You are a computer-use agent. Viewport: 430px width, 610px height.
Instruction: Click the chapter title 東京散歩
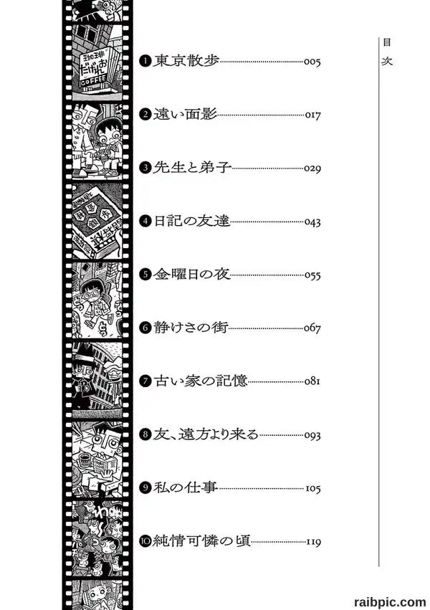tap(186, 61)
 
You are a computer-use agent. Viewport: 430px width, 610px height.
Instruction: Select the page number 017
tap(312, 115)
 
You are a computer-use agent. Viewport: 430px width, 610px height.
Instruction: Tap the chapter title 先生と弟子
tap(193, 168)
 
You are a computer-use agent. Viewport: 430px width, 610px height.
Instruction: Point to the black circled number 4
tap(145, 221)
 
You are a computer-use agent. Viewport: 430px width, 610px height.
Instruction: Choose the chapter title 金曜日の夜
tap(192, 275)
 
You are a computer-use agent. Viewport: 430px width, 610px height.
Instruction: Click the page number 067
tap(312, 328)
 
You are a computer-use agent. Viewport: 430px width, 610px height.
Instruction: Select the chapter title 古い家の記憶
tap(200, 381)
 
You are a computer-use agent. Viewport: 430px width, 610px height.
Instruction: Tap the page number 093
tap(312, 435)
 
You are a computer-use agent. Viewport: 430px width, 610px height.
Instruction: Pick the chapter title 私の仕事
tap(185, 487)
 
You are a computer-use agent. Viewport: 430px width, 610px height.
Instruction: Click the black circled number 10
tap(145, 540)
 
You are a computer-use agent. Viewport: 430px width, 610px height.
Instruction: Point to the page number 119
tap(313, 541)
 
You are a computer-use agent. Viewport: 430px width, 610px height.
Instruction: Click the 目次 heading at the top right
tap(387, 52)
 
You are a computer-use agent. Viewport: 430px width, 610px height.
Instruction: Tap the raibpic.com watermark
tap(390, 602)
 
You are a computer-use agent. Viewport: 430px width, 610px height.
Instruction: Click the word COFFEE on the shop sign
tap(93, 82)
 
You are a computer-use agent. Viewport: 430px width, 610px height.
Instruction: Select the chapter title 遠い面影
tap(185, 115)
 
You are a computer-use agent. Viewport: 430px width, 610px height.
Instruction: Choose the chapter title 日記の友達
tap(191, 221)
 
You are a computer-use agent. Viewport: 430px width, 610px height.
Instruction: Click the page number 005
tap(312, 62)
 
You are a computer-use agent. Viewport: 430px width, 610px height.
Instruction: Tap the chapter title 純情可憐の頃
tap(201, 540)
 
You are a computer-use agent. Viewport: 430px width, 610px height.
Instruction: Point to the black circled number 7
tap(145, 381)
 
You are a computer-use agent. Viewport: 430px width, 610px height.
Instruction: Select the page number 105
tap(313, 488)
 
